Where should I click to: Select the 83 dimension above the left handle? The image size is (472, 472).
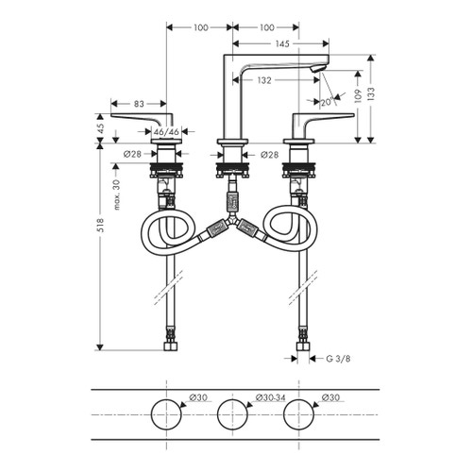pos(138,103)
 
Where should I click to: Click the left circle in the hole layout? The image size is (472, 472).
pos(166,413)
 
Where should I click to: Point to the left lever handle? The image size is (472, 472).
pos(142,118)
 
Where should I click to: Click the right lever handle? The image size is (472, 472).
pos(321,118)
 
